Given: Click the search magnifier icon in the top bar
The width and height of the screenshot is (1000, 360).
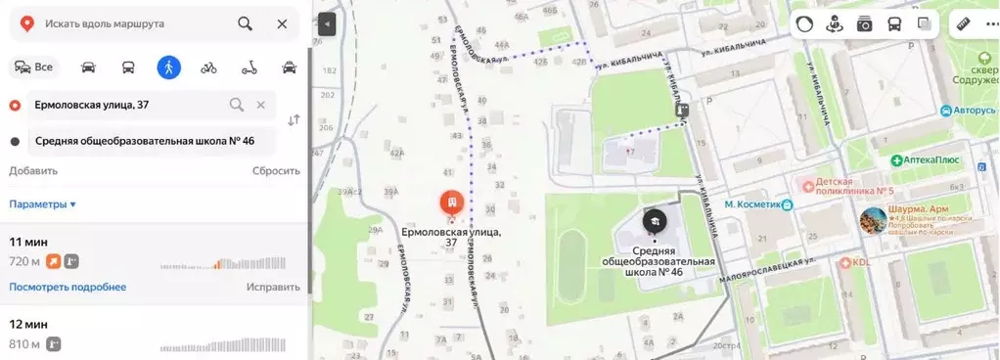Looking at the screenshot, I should click(x=245, y=23).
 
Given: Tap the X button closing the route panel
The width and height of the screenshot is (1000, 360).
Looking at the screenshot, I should click(x=282, y=23).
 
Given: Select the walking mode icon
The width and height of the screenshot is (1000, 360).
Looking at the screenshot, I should click(x=169, y=67).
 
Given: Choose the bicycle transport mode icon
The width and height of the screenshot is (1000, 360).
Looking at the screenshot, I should click(x=208, y=67).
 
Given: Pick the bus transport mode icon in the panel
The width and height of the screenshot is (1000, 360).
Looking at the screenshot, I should click(x=128, y=67).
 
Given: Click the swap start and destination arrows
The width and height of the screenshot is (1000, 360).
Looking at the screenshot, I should click(x=294, y=120).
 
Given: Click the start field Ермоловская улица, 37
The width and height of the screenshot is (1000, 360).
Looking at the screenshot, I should click(x=127, y=105).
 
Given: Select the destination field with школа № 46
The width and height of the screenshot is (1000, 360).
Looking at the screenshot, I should click(x=145, y=141).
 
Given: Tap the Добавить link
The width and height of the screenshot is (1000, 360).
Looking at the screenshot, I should click(x=33, y=170).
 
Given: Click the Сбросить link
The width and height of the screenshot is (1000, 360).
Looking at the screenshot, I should click(x=276, y=170).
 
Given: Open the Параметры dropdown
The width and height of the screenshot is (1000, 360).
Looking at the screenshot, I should click(x=43, y=204).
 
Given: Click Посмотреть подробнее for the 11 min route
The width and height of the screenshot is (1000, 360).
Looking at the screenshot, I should click(x=68, y=287).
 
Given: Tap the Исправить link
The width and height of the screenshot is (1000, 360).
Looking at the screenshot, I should click(x=273, y=287).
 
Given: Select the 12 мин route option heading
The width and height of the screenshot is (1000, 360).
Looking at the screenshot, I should click(x=28, y=323).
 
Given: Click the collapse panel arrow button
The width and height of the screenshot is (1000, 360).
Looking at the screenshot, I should click(x=327, y=24).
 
